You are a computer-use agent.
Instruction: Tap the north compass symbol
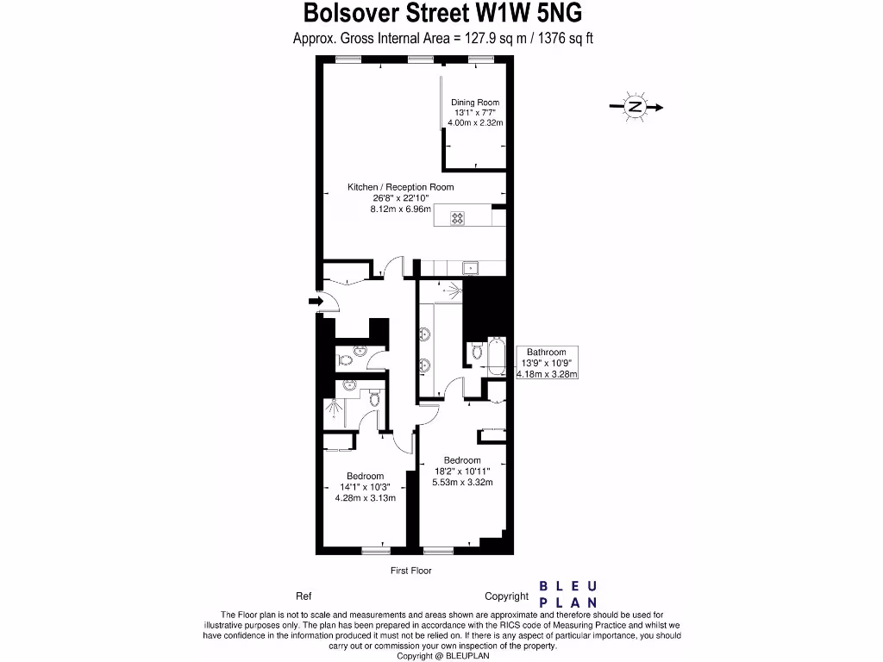tap(636, 107)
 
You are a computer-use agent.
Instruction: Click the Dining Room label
tap(475, 103)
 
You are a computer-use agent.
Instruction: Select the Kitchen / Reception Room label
tap(400, 187)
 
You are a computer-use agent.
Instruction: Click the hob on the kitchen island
tap(457, 218)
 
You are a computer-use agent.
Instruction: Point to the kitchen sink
tap(471, 267)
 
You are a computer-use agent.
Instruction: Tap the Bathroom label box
tap(547, 363)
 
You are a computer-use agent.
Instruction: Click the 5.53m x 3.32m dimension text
tap(462, 483)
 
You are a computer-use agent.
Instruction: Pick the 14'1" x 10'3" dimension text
tap(365, 487)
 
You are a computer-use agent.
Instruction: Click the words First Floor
tap(410, 571)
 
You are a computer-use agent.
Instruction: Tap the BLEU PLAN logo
tap(568, 595)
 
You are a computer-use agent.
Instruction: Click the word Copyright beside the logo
tap(506, 596)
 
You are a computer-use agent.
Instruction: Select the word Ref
tap(304, 596)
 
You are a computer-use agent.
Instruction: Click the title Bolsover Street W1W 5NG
tap(442, 15)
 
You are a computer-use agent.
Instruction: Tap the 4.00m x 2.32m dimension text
tap(475, 123)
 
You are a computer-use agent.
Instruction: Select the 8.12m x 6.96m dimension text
tap(400, 209)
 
